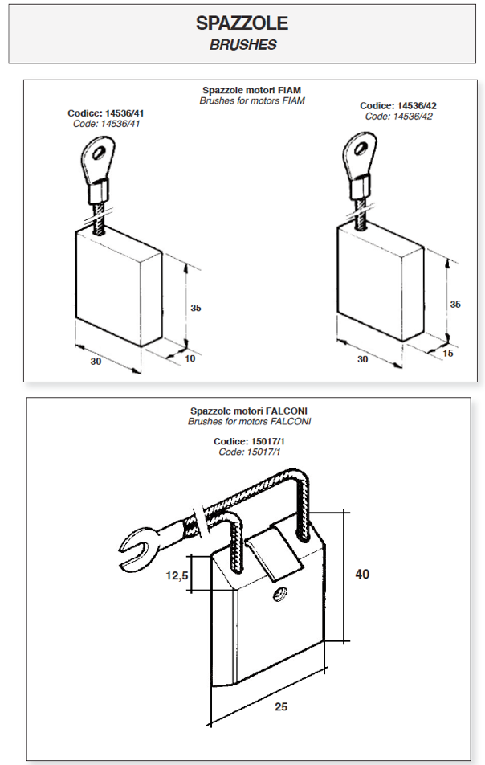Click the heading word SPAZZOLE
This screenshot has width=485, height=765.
pyautogui.click(x=243, y=23)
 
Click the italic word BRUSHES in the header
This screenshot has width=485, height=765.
pyautogui.click(x=243, y=45)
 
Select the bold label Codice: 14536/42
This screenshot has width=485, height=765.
pyautogui.click(x=398, y=106)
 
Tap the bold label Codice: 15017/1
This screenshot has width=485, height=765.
pyautogui.click(x=249, y=441)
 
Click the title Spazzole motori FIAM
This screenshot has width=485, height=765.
pyautogui.click(x=252, y=91)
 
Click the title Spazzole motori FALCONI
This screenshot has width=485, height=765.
pyautogui.click(x=249, y=410)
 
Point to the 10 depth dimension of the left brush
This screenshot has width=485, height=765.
pyautogui.click(x=190, y=358)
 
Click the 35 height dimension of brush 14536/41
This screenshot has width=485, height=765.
pyautogui.click(x=196, y=308)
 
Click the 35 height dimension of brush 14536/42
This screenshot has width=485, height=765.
pyautogui.click(x=455, y=305)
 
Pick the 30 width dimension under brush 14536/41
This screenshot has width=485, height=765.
pyautogui.click(x=96, y=362)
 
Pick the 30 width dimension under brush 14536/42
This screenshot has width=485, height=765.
pyautogui.click(x=362, y=359)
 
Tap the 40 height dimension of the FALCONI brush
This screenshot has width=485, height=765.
pyautogui.click(x=362, y=574)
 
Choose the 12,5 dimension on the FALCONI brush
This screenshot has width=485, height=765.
pyautogui.click(x=177, y=575)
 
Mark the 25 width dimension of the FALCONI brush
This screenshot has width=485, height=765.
pyautogui.click(x=280, y=706)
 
